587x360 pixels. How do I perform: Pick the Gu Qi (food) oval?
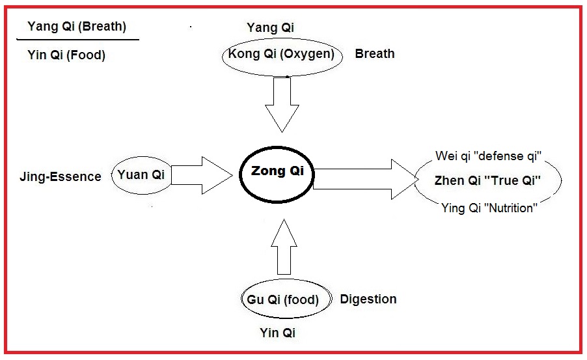pos(283,300)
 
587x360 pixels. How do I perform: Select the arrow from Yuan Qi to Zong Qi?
pos(200,174)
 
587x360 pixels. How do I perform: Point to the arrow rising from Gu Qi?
pos(284,247)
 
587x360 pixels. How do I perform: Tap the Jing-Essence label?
pos(61,176)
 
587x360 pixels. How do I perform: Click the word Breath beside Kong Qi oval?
pos(374,54)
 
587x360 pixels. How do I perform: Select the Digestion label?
pos(368,299)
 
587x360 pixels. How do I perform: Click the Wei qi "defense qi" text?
pos(489,157)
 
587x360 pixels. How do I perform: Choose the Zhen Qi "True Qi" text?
pos(488,181)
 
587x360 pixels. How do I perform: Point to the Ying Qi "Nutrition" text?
pos(488,208)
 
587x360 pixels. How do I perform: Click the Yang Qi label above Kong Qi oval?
pos(271,27)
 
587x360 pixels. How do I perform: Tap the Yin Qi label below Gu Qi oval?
pos(278,333)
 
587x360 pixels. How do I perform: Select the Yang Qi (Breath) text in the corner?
pos(77,27)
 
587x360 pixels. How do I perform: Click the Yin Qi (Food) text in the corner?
pos(66,55)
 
